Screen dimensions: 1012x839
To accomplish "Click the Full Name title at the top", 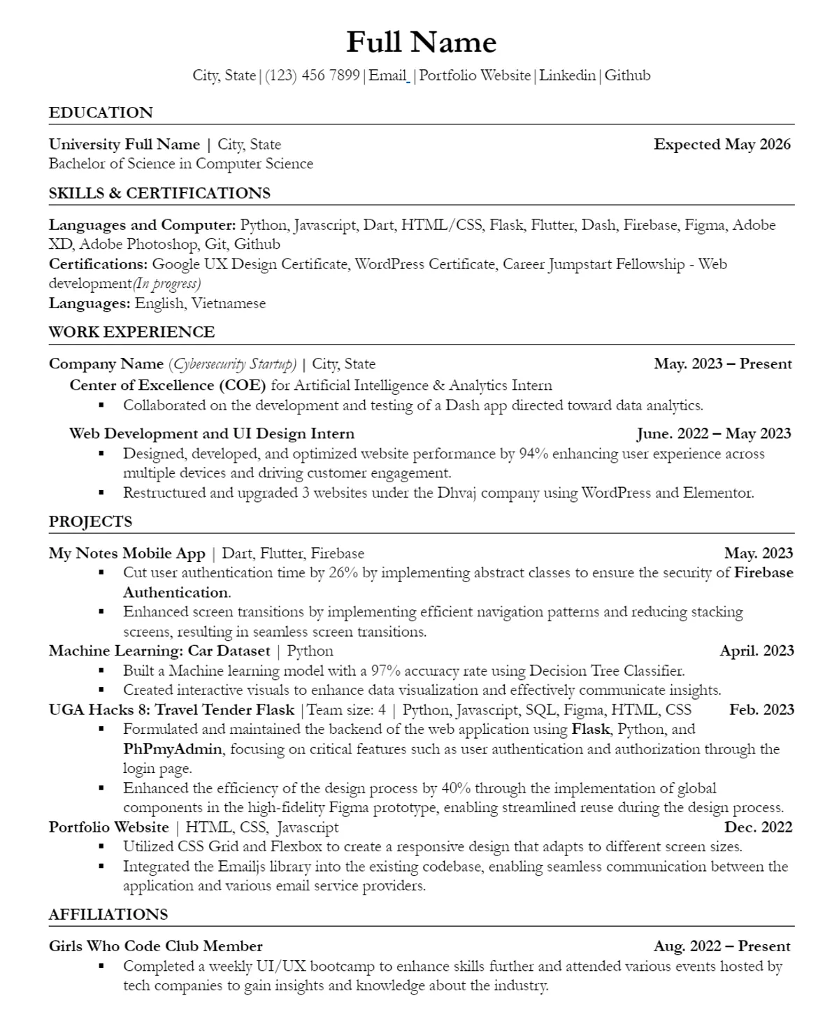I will [421, 43].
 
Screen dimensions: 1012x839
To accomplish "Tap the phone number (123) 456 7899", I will [313, 75].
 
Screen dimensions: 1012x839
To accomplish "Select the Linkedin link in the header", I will [567, 75].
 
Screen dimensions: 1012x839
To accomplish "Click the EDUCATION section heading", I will [101, 113].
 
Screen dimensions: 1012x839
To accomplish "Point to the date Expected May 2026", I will [722, 145].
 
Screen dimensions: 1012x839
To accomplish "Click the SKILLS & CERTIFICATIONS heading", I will [159, 193].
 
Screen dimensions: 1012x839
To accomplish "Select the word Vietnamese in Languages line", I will [229, 303].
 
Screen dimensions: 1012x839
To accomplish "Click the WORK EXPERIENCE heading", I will [131, 332].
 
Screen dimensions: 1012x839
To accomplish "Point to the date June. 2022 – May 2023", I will [714, 434].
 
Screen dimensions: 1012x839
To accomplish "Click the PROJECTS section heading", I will [90, 521].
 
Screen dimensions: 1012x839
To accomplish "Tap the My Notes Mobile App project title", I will [127, 554].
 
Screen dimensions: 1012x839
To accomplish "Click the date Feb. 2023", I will [761, 710].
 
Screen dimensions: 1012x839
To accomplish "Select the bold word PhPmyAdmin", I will [173, 749].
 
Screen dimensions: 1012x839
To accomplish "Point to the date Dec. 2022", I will [758, 827].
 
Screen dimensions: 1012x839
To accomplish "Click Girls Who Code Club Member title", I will [155, 946].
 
